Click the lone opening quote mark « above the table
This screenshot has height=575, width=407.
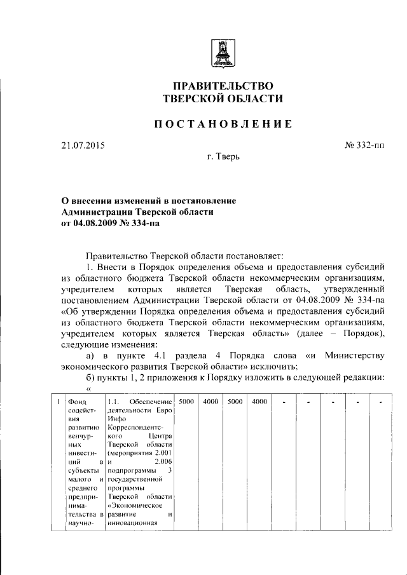(x=88, y=388)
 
